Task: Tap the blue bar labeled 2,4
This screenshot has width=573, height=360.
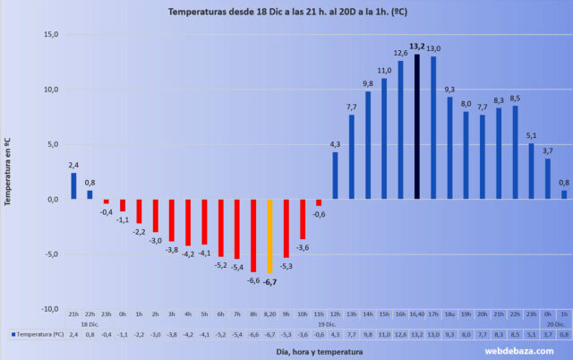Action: (x=74, y=186)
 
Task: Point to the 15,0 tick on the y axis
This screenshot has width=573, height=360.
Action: (x=48, y=35)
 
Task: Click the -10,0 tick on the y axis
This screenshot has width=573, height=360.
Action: (x=47, y=308)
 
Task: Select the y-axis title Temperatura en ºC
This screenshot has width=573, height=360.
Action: (x=8, y=172)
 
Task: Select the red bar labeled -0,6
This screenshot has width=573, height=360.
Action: (x=319, y=202)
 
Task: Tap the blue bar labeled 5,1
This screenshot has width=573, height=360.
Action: (x=531, y=171)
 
